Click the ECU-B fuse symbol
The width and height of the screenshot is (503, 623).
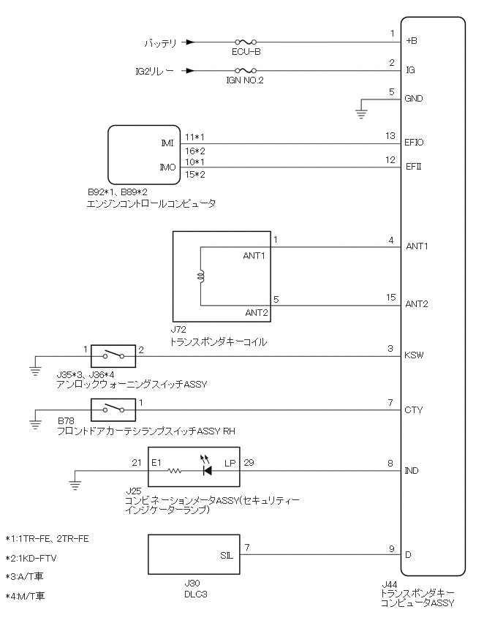tap(244, 43)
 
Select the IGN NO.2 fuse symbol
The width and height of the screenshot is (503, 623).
tap(244, 71)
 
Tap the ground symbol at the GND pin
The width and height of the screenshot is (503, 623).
tap(361, 112)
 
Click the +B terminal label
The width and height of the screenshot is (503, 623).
tap(411, 42)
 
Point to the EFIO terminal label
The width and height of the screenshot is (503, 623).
tap(415, 143)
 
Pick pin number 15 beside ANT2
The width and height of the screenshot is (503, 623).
tap(391, 297)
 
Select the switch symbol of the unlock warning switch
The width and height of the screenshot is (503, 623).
tap(113, 355)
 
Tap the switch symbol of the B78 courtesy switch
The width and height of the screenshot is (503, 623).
tap(113, 410)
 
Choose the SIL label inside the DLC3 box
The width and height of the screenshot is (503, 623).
tap(227, 555)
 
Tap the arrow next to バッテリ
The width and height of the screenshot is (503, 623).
tap(190, 43)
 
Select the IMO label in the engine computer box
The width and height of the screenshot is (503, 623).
tap(167, 167)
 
